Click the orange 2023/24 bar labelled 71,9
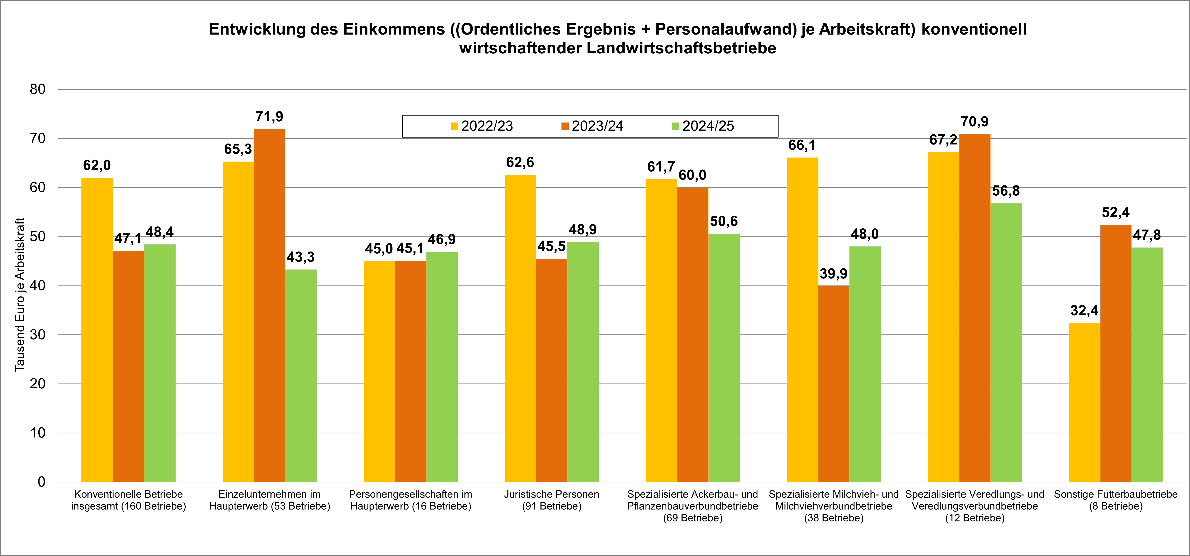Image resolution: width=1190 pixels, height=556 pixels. (x=269, y=305)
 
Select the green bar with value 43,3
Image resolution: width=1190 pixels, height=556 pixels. (x=301, y=375)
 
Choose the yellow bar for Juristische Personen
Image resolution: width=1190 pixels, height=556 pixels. (x=520, y=328)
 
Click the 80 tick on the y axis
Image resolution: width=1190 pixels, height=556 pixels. (x=38, y=89)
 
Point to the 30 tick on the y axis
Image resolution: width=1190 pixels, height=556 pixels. (x=38, y=335)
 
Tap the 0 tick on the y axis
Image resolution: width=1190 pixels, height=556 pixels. (x=41, y=482)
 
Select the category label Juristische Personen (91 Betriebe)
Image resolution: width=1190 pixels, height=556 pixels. (x=552, y=500)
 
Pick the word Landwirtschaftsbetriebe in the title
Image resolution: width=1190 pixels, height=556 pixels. (x=681, y=48)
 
